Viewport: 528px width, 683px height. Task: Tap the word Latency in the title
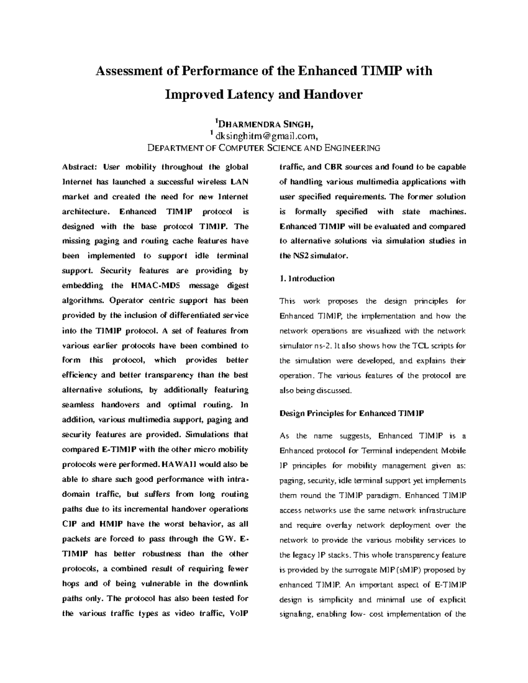247,95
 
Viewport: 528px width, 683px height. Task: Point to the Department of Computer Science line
264,148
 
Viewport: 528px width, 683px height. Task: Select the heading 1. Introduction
307,278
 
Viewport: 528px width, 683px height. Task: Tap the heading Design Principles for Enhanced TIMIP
352,413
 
